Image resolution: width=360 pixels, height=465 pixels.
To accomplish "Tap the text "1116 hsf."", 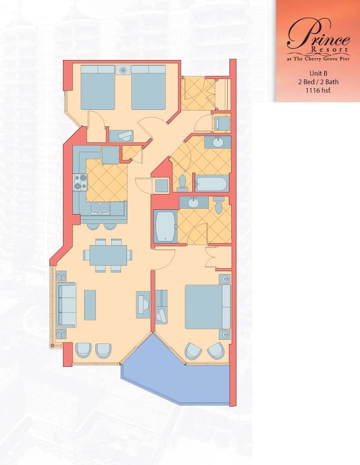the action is [x=318, y=91].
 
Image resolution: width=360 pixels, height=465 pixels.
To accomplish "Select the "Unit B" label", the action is [x=318, y=73].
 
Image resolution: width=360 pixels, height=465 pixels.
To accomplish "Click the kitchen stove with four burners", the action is [x=81, y=182].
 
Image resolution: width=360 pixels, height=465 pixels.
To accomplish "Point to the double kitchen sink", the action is [x=100, y=208].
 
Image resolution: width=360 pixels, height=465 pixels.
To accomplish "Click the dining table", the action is [x=108, y=255].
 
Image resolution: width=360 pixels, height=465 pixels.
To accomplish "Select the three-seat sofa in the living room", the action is [x=66, y=305].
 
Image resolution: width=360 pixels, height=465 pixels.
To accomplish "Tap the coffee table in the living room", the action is [x=90, y=305].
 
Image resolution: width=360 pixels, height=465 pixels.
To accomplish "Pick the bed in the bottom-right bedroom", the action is [x=208, y=307].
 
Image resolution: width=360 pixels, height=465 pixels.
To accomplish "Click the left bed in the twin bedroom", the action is [x=98, y=88].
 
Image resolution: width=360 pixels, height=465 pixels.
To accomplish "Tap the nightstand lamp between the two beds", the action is [x=123, y=70].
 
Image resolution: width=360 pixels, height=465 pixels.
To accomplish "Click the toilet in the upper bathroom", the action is [x=182, y=183].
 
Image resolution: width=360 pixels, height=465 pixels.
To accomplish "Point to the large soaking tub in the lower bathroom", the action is [x=165, y=226].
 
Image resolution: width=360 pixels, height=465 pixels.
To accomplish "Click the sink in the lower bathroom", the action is [x=194, y=203].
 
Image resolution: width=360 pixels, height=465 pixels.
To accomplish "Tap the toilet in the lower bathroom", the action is [x=219, y=205].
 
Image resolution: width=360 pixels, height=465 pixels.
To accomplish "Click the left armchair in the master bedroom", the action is [x=193, y=351].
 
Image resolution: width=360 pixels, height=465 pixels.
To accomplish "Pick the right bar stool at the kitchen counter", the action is [x=111, y=226].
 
